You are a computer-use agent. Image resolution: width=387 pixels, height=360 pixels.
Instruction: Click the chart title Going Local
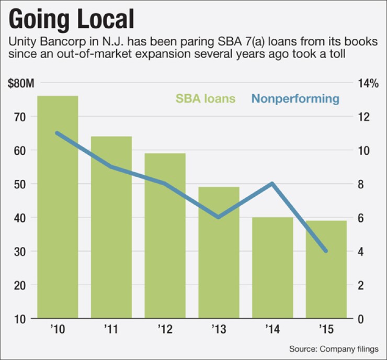[71, 19]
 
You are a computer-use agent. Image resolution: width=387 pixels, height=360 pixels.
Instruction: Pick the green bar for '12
[165, 235]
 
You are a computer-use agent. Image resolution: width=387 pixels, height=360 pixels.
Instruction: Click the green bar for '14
[272, 267]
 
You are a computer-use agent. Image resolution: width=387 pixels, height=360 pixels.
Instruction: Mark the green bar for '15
[326, 269]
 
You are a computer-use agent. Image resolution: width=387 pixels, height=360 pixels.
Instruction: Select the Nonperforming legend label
[295, 98]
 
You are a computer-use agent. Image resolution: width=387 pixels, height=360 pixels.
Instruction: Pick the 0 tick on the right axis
[360, 319]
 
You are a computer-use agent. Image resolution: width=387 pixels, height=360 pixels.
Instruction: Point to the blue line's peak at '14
[272, 183]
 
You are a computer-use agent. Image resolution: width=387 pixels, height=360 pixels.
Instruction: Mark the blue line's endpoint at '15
[326, 251]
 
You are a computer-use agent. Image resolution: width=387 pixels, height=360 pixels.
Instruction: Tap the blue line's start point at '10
[58, 133]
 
